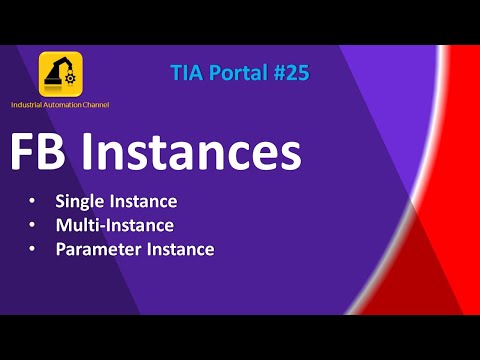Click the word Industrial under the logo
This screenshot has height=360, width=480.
pos(28,105)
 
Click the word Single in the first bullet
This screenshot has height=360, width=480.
pos(81,201)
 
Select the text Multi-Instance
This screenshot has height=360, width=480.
pos(115,225)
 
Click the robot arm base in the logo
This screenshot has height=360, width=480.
pos(56,87)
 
